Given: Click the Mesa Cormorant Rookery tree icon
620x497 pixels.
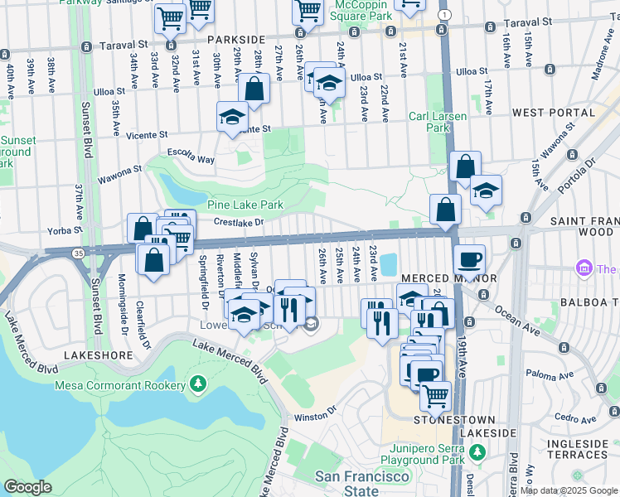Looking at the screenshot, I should click(197, 384).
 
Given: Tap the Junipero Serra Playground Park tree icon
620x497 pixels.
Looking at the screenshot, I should click(477, 451).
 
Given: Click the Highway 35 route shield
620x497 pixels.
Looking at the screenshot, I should click(75, 254).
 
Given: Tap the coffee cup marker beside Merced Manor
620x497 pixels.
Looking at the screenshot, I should click(469, 259).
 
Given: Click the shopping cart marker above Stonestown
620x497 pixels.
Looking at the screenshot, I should click(435, 396).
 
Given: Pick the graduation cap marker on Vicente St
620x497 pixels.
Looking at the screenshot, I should click(233, 117).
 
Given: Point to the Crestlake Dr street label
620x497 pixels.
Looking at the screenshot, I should click(238, 222).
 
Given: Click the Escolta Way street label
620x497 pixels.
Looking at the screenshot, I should click(191, 159).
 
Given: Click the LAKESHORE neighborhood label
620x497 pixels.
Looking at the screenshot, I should click(103, 355).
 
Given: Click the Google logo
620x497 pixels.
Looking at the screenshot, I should click(28, 487).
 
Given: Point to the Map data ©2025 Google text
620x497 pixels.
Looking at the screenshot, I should click(568, 491).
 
